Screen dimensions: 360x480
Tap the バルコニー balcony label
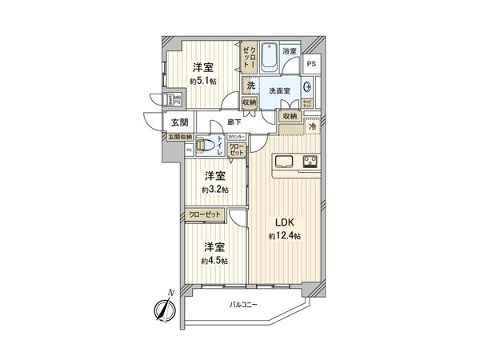[x=244, y=303]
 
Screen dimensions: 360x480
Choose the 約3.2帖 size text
[x=214, y=190]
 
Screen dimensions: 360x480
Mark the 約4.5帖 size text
[x=214, y=261]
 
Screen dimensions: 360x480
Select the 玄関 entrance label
[x=179, y=122]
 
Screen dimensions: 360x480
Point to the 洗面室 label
[x=278, y=90]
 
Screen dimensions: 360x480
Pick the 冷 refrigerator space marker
[x=313, y=126]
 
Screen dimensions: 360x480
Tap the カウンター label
[x=237, y=138]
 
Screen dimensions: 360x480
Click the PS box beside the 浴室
[x=311, y=63]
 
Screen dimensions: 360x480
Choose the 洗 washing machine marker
[x=250, y=86]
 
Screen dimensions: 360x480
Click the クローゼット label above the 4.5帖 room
[x=206, y=214]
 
